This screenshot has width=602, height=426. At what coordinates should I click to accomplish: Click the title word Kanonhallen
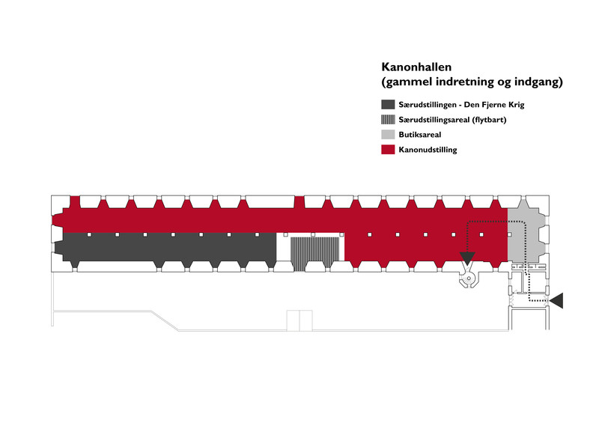416,67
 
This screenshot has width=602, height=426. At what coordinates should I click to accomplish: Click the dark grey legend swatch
388,104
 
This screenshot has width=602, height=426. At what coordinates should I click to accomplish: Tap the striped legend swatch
388,119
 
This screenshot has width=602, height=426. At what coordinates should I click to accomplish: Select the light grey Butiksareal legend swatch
388,134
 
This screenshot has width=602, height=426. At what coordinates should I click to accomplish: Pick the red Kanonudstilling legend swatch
388,149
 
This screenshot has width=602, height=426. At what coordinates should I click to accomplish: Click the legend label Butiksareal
419,135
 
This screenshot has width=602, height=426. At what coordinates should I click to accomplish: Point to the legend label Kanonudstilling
428,150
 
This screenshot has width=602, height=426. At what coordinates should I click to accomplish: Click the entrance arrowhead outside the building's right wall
556,300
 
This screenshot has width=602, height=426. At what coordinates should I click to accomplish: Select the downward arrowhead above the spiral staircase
467,258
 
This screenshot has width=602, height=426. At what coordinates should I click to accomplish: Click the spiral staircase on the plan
468,279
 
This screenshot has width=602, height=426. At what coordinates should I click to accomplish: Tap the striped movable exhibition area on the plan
314,252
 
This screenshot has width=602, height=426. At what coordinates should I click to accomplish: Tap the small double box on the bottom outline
300,320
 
